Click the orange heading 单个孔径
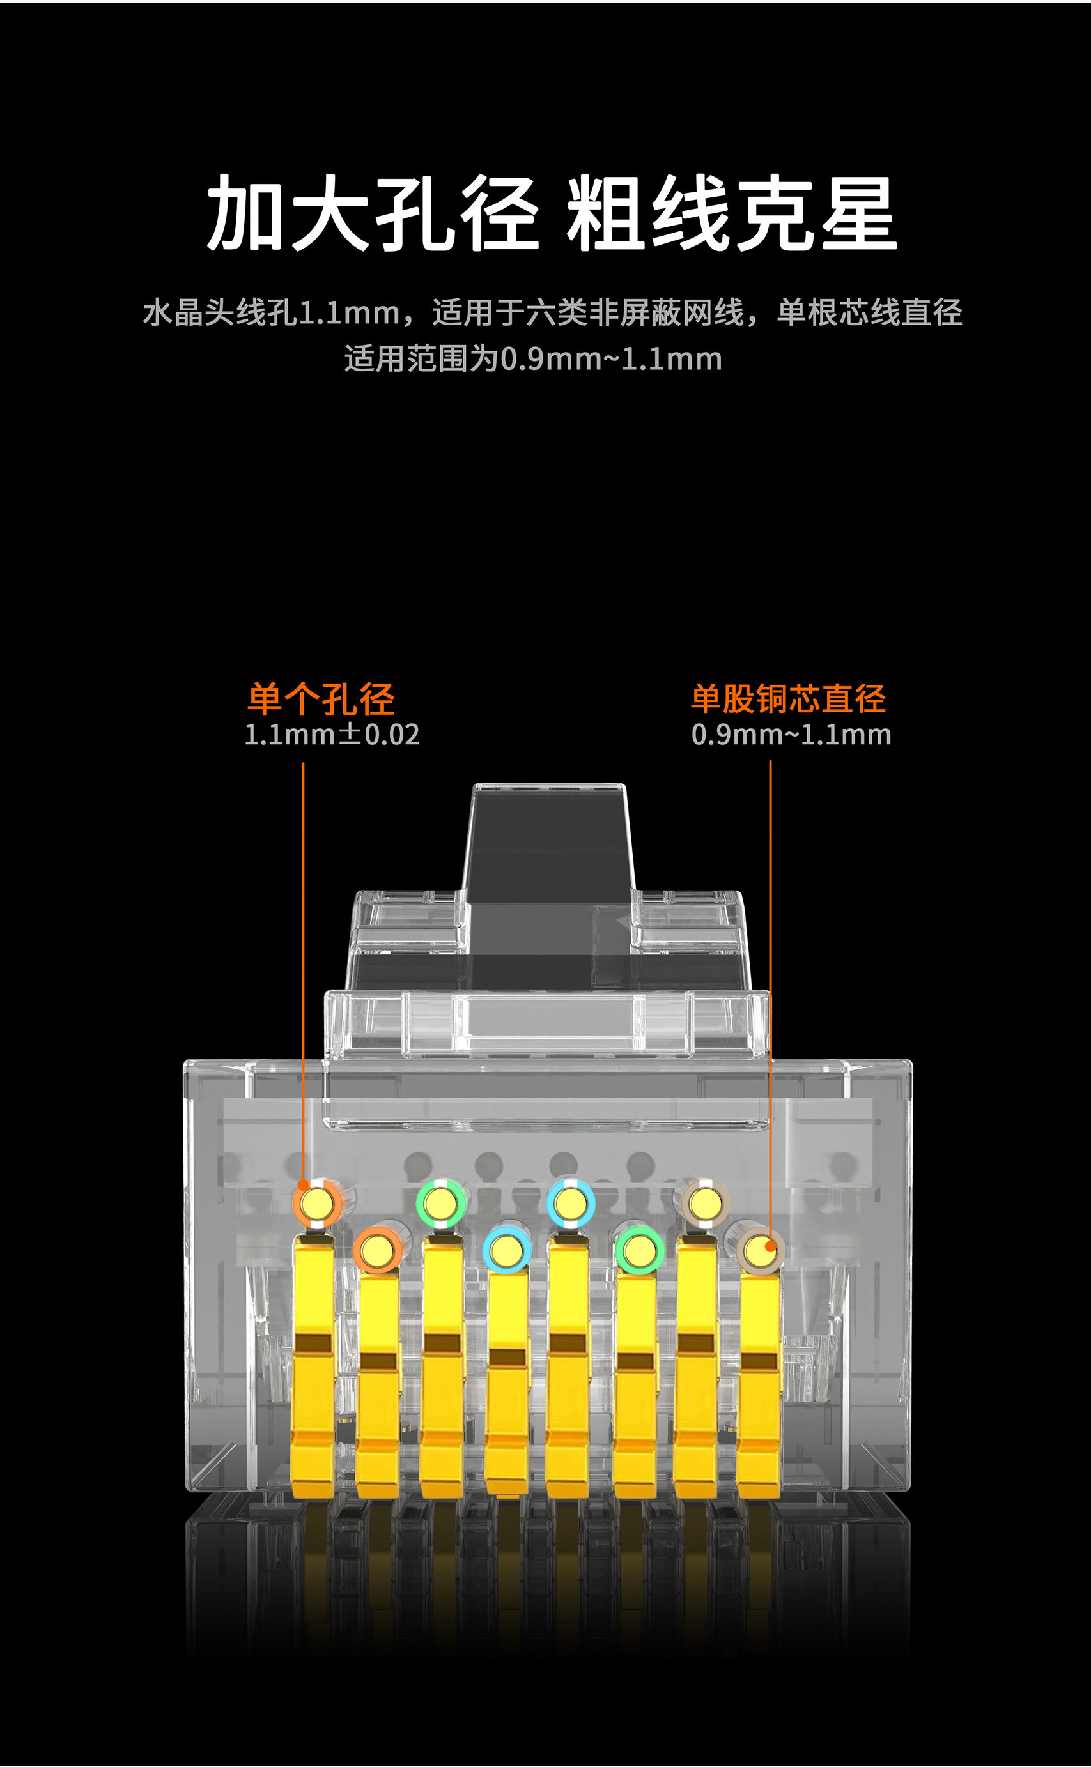(x=321, y=698)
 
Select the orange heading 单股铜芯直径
(x=789, y=698)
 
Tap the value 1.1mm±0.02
(x=332, y=735)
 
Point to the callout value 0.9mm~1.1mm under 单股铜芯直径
(x=791, y=735)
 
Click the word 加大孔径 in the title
(x=371, y=214)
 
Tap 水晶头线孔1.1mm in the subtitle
(x=271, y=313)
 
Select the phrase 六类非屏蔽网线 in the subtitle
(x=635, y=313)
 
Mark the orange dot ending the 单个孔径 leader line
(x=303, y=1185)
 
